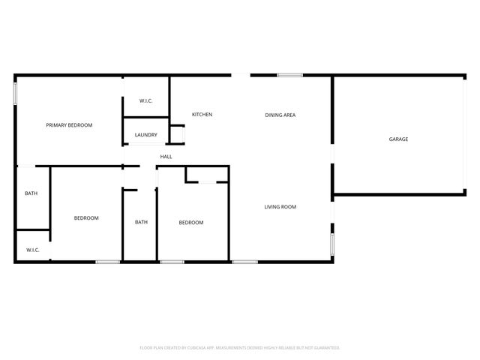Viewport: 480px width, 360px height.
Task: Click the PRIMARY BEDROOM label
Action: [69, 125]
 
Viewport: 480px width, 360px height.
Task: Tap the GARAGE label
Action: [398, 139]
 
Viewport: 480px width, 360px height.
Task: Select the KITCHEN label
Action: [202, 115]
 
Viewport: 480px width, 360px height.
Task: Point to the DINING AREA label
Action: [280, 115]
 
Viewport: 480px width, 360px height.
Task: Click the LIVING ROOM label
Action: [280, 207]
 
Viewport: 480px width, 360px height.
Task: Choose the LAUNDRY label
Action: [145, 135]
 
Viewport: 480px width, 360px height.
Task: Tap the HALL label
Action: [166, 157]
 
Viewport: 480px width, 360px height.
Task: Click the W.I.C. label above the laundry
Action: [146, 100]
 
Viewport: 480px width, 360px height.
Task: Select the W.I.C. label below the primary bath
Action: [32, 250]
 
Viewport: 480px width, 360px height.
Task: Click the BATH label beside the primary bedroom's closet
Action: [31, 193]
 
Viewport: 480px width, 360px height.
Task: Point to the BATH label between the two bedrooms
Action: [141, 222]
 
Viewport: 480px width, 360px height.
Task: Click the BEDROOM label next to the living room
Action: [191, 223]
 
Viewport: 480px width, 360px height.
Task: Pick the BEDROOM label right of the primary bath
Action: [86, 218]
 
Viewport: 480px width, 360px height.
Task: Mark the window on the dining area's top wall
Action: [289, 75]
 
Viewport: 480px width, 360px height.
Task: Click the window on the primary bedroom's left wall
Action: [15, 93]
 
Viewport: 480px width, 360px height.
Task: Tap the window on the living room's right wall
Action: [331, 246]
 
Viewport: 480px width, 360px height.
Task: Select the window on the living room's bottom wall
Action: [244, 262]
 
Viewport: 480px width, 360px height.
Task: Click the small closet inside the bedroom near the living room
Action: [207, 175]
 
